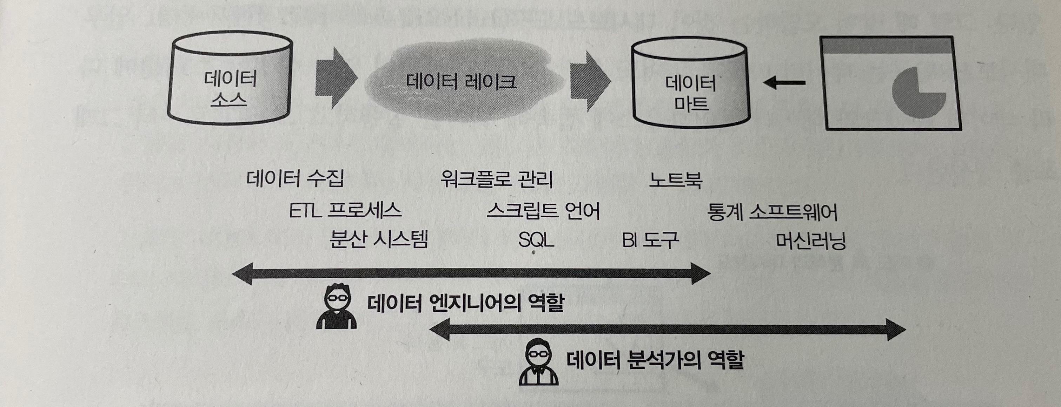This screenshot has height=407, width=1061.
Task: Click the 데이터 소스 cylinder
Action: click(230, 82)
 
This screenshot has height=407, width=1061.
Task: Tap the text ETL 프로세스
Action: click(345, 211)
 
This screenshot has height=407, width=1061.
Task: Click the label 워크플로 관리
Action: click(496, 179)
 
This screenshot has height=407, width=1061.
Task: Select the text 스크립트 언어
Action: click(543, 211)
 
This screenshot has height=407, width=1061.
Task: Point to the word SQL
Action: click(536, 239)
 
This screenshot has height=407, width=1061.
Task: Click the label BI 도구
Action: click(650, 240)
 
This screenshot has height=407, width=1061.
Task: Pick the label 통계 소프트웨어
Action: click(772, 212)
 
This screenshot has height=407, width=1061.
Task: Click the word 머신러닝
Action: click(810, 241)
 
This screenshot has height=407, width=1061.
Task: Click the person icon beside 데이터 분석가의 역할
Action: click(538, 362)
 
